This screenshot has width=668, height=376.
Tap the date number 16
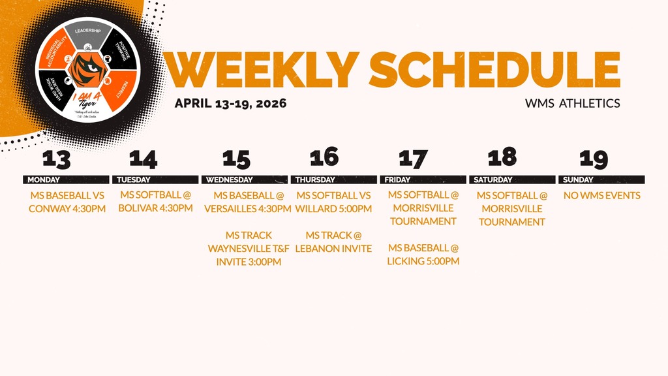324,157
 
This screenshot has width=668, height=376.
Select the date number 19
594,159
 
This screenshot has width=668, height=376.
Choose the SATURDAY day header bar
511,180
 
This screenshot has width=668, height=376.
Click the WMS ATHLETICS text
572,103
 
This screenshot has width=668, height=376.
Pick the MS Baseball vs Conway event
67,202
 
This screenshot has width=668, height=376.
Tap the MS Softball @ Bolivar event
156,202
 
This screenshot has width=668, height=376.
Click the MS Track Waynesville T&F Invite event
249,248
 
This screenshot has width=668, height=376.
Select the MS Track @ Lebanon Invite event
333,242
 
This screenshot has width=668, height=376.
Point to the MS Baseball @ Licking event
423,255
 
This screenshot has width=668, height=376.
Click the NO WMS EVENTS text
602,195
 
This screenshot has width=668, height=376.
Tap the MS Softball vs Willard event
333,202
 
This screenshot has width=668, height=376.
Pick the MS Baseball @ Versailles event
248,202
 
